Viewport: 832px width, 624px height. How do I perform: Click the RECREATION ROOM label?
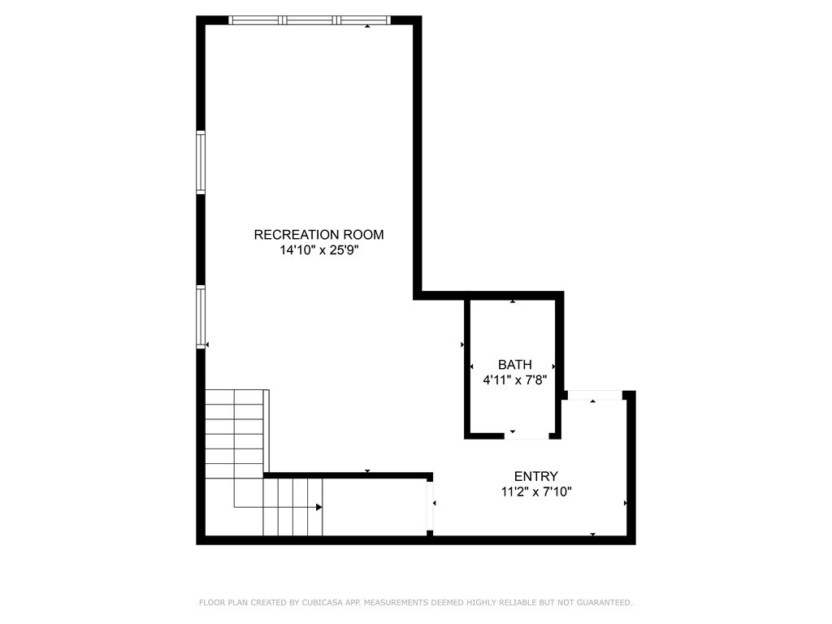[318, 235]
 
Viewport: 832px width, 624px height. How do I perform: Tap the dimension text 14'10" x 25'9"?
[318, 251]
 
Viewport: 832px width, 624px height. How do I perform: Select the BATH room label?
[515, 365]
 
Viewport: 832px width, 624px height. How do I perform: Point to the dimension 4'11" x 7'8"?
[515, 379]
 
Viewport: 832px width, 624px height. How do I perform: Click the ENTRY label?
[536, 476]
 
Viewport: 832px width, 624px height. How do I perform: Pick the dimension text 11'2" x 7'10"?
[536, 492]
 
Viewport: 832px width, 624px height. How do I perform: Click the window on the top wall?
[309, 20]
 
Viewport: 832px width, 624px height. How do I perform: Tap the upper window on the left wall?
[201, 162]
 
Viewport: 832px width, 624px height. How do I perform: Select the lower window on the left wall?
[201, 317]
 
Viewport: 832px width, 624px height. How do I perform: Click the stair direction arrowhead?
[319, 507]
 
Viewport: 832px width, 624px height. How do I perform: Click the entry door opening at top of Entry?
[594, 395]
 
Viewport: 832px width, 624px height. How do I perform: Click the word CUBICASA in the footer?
[299, 603]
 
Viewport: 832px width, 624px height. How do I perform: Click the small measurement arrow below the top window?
[367, 27]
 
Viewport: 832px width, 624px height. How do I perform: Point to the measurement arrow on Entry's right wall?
[625, 504]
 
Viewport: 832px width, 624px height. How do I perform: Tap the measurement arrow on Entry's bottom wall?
[593, 534]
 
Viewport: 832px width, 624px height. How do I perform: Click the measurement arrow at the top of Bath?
[513, 302]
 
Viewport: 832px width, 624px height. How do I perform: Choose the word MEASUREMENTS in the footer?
[399, 603]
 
